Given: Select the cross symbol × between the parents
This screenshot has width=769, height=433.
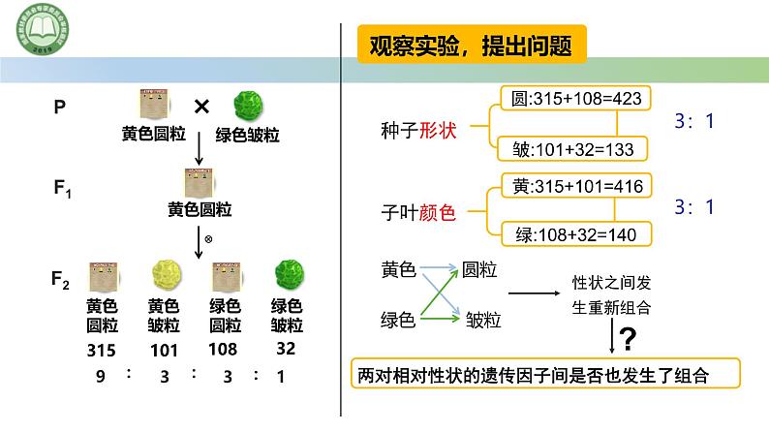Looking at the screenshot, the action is pyautogui.click(x=201, y=108).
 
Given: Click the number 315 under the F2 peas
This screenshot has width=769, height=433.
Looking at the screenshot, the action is pyautogui.click(x=101, y=350).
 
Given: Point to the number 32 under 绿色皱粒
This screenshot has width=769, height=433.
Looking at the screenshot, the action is pyautogui.click(x=285, y=350).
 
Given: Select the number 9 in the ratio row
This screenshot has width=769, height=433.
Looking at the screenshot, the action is pyautogui.click(x=97, y=377).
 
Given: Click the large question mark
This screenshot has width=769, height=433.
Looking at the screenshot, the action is pyautogui.click(x=628, y=339).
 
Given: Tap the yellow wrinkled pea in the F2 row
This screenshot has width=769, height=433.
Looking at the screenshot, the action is pyautogui.click(x=164, y=275).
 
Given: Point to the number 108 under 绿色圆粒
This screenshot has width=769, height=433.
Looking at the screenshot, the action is pyautogui.click(x=225, y=350).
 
